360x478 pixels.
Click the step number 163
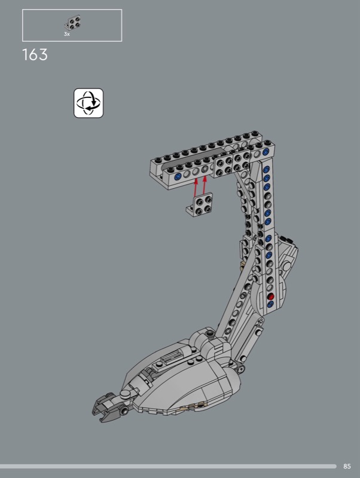(x=35, y=55)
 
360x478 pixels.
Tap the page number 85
(x=347, y=466)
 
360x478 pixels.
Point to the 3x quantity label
(x=67, y=34)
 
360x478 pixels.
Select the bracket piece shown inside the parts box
(x=72, y=23)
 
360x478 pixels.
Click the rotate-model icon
(x=89, y=103)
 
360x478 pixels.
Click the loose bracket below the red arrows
(x=200, y=204)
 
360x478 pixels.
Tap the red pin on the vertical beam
(x=270, y=296)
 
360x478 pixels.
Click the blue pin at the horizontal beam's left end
(x=177, y=176)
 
